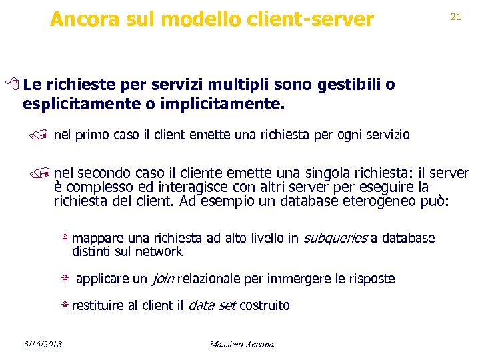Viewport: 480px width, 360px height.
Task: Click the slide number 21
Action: (456, 17)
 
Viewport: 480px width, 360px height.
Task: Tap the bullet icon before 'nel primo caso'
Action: (44, 135)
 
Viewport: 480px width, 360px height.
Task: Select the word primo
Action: (89, 135)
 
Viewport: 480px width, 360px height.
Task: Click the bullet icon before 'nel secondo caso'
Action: (44, 173)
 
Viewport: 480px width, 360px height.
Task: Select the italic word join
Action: (159, 279)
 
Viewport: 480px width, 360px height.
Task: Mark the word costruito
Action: (264, 305)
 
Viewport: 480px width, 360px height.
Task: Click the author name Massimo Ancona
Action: (241, 344)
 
